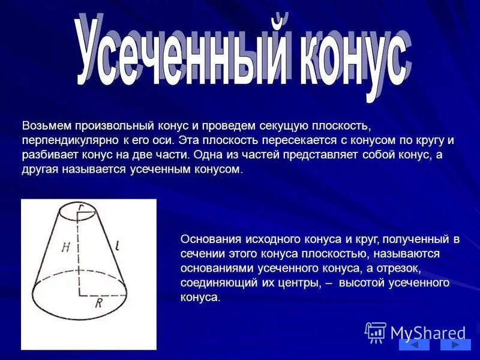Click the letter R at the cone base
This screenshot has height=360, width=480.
98,303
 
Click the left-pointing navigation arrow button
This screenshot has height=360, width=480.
414,344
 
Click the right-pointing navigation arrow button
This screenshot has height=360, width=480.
455,344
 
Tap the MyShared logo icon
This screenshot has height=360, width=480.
376,332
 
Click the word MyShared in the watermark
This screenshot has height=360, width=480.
428,332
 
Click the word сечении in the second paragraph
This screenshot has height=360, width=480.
200,253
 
